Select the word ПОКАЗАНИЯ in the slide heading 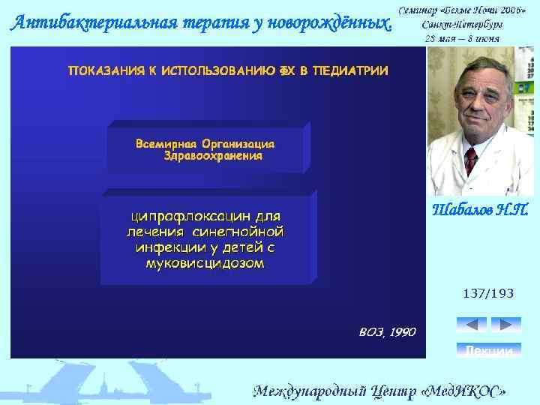click(x=105, y=71)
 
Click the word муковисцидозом click(x=205, y=264)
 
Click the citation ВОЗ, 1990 click(x=388, y=332)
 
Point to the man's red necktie click(x=471, y=160)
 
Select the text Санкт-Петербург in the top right click(x=461, y=23)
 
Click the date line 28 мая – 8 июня click(x=461, y=37)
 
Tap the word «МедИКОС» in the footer click(x=466, y=391)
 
